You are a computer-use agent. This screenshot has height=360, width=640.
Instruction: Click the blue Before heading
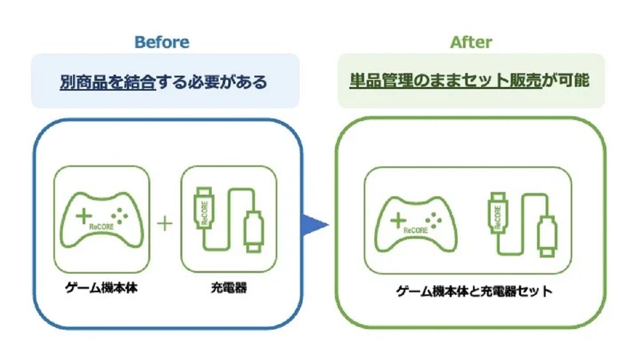coord(162,42)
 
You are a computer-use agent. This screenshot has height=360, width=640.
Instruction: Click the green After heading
coord(471,42)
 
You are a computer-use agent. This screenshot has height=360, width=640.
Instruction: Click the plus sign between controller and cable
coord(165,223)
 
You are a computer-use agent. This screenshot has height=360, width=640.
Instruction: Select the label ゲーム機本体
coord(101,287)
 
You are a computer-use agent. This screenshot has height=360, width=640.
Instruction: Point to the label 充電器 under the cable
coord(229,287)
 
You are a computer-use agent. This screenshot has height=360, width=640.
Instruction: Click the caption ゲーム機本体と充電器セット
coord(474,291)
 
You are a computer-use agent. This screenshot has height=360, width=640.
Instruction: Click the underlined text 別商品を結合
coord(108,82)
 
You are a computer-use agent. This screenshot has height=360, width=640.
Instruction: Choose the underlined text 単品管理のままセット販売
coord(445,81)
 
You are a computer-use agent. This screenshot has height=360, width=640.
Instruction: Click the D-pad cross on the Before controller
coord(84,216)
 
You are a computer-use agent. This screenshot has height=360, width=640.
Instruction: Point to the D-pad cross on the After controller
coord(398,220)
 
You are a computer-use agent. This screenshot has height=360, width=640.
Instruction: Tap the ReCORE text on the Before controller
coord(101,227)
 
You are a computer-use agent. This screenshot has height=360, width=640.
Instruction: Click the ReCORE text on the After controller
coord(415,230)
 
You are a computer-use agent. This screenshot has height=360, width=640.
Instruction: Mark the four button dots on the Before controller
coord(119,216)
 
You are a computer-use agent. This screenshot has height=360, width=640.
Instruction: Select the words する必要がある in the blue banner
coord(212,82)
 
